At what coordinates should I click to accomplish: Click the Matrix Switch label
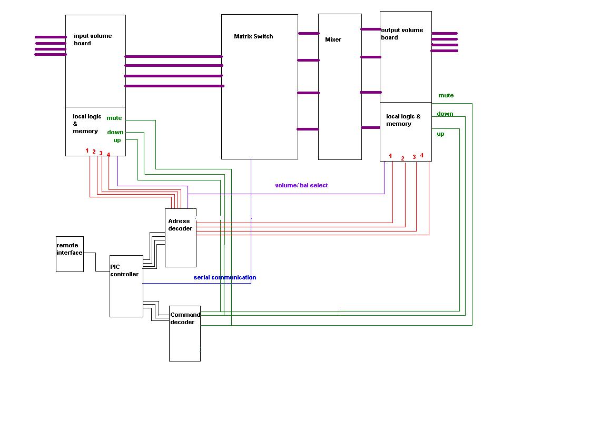tap(253, 36)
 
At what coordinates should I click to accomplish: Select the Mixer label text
tap(333, 39)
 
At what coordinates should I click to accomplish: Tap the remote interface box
tap(70, 254)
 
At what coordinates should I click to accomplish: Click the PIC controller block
tap(126, 286)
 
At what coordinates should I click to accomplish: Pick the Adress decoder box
tap(181, 237)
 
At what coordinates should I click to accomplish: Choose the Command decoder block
tap(185, 334)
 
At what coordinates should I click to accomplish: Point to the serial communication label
tap(225, 277)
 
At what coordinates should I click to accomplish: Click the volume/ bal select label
tap(301, 185)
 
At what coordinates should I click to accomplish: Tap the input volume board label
tap(93, 39)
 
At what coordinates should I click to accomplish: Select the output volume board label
tap(402, 34)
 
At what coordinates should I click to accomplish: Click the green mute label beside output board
tap(446, 95)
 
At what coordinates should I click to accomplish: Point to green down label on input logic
tap(115, 132)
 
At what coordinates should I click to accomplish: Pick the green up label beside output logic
tap(440, 134)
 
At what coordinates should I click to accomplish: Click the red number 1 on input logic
tap(87, 150)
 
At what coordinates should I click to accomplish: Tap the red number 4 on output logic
tap(422, 155)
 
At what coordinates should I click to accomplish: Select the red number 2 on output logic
tap(402, 158)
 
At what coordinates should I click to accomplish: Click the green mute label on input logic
tap(114, 118)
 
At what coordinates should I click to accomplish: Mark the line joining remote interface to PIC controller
tap(96, 262)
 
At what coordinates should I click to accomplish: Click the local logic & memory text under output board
tap(403, 120)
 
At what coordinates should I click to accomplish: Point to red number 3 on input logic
tap(101, 153)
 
